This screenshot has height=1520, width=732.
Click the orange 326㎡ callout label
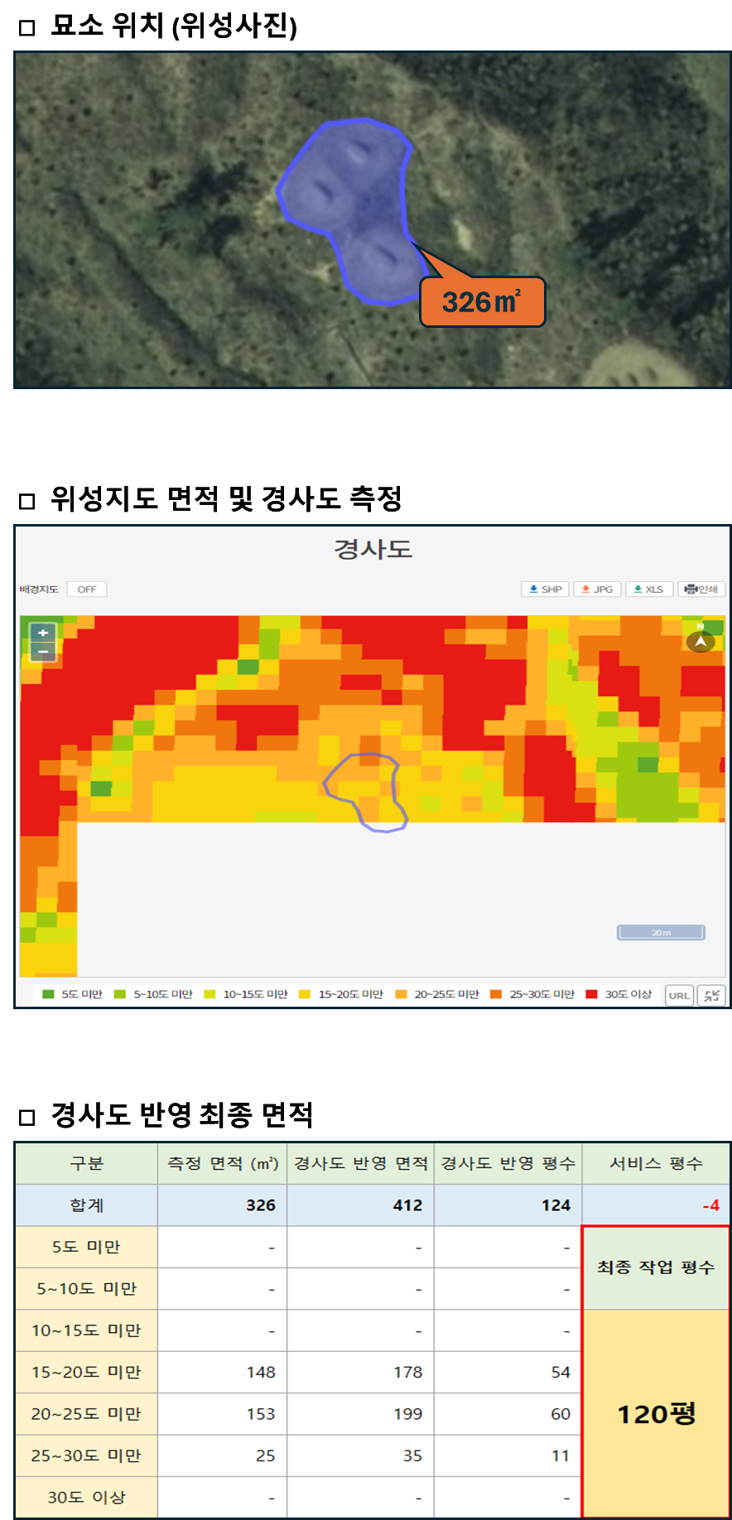click(483, 302)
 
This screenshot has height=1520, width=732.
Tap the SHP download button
click(545, 589)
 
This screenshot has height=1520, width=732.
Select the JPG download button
click(597, 589)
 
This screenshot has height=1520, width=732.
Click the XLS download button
click(649, 589)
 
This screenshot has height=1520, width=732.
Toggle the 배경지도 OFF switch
click(87, 589)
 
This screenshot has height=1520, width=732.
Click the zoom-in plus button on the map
click(43, 633)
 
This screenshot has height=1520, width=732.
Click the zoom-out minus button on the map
click(43, 652)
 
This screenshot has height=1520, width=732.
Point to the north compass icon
click(701, 640)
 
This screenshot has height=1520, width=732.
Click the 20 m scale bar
click(661, 933)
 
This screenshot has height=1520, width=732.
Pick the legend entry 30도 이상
click(619, 994)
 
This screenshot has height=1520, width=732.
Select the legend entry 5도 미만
click(73, 994)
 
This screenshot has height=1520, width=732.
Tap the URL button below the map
click(679, 995)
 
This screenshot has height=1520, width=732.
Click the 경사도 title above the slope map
click(373, 549)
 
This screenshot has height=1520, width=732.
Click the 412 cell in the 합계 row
click(407, 1205)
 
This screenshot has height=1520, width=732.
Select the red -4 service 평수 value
click(710, 1205)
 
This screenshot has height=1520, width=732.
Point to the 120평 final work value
click(657, 1413)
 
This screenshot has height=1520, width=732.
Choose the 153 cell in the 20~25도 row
click(261, 1414)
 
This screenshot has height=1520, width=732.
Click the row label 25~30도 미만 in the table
click(86, 1455)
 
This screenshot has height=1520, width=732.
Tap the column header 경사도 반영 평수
click(508, 1163)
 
